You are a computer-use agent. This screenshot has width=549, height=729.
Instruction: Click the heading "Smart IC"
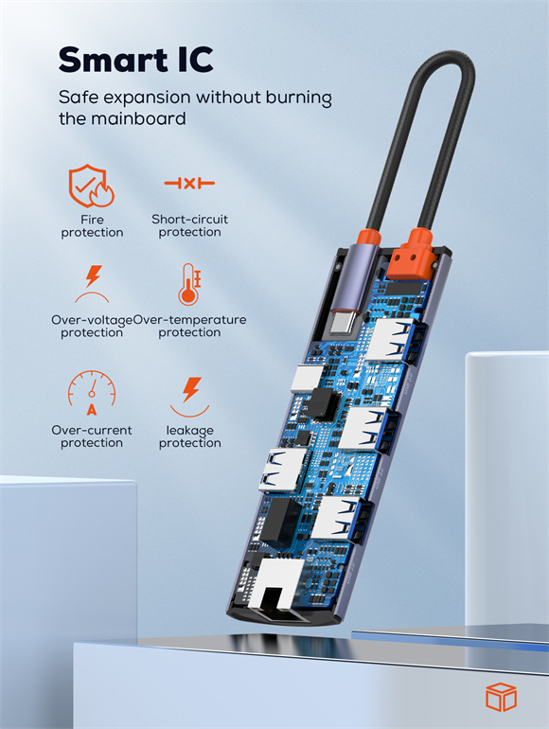pos(135,59)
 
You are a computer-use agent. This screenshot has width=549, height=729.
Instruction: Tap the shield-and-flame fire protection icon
pos(91,186)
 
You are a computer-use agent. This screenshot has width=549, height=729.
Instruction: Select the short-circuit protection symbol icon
pos(189,183)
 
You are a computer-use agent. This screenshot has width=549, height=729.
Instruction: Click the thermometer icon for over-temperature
pos(189,285)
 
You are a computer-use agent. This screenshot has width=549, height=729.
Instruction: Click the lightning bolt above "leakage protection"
pos(191,389)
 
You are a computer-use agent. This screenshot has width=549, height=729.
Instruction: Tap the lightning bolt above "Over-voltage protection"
pos(94,276)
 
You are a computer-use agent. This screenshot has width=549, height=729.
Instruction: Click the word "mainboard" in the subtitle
pos(138,118)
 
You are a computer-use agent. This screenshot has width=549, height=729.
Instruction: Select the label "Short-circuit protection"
pos(189,225)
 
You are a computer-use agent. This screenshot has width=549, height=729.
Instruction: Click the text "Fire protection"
pos(92,226)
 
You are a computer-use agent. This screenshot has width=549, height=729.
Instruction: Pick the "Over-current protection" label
pos(92,436)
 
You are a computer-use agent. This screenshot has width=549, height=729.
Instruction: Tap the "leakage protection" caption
pos(189,436)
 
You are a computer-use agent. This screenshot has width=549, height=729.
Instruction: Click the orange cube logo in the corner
pos(501,697)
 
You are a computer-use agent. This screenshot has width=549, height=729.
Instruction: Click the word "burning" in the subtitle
pos(299,98)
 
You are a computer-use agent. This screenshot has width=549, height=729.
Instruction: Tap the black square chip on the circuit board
pos(323,402)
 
